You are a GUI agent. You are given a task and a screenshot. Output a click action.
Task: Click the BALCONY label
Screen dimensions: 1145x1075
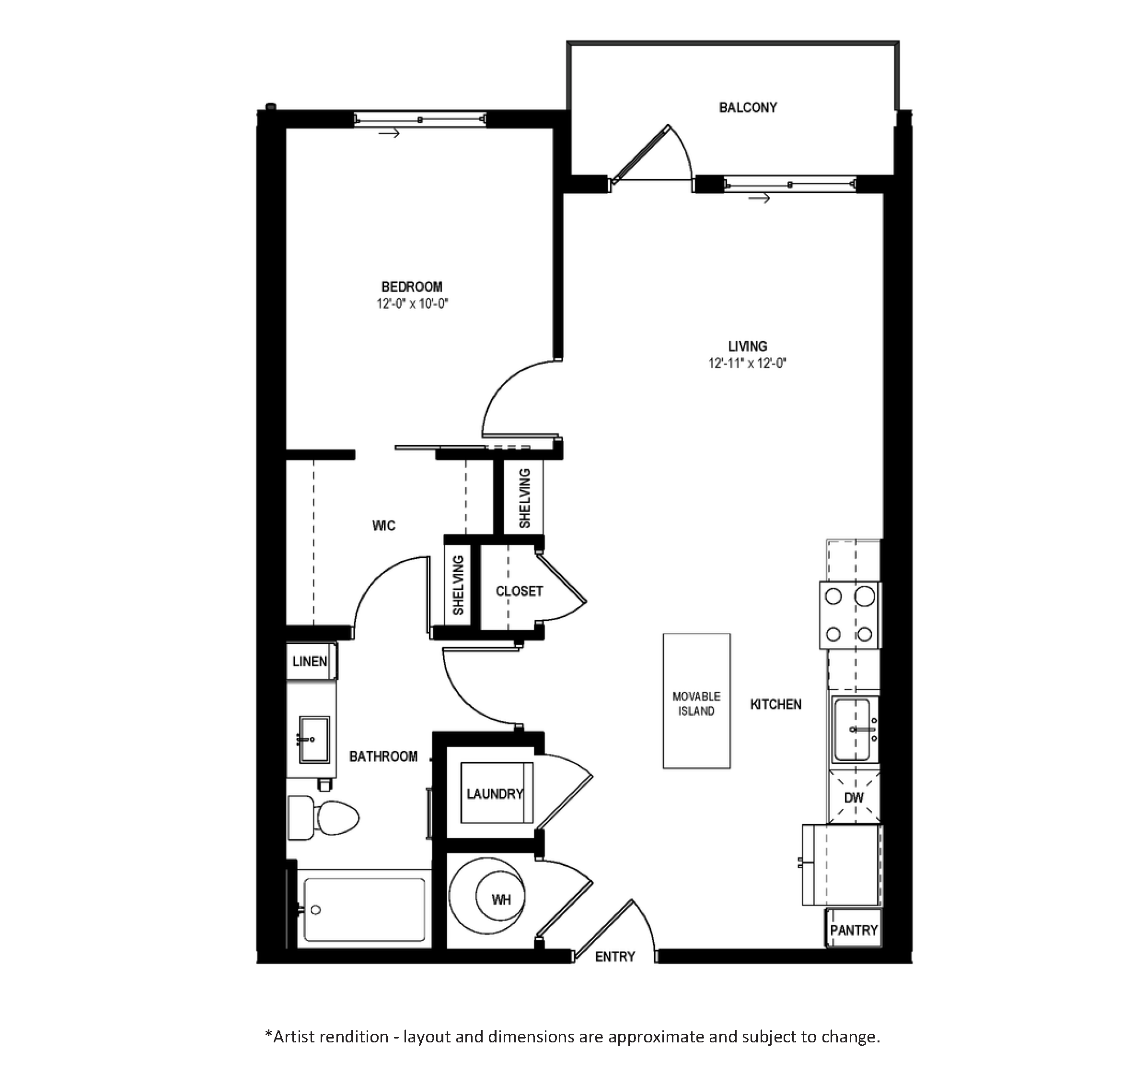(748, 108)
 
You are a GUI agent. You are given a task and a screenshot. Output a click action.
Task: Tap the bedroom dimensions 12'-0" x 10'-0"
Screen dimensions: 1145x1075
(412, 304)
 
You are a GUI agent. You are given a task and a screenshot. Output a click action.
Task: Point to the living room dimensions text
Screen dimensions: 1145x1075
(747, 363)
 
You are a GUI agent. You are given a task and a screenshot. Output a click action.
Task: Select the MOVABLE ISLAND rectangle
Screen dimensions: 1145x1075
(696, 701)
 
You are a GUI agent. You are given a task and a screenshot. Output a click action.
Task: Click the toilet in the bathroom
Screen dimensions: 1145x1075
(323, 817)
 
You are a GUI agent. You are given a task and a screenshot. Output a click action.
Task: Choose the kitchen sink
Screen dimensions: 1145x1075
(853, 730)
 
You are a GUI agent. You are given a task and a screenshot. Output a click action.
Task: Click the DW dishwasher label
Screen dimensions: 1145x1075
(854, 798)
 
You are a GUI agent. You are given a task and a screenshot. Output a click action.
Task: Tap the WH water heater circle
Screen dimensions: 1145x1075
(500, 899)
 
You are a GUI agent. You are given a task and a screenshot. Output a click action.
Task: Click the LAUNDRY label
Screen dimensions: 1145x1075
(495, 794)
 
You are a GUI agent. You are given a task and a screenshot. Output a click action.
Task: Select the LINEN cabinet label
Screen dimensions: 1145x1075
(310, 661)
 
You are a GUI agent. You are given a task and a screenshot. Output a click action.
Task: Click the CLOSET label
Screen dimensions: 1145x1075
(519, 591)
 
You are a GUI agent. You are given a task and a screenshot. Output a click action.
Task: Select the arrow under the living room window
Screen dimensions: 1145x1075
(759, 199)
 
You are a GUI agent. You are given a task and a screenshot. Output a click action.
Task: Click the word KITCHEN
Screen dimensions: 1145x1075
(775, 704)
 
